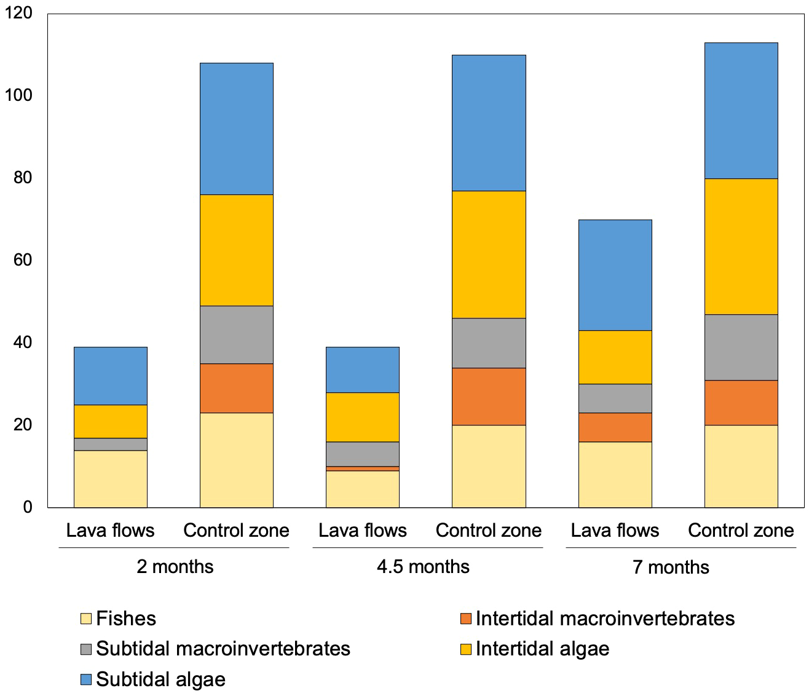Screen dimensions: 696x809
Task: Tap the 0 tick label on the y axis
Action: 27,507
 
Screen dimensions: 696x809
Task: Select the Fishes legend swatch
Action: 86,619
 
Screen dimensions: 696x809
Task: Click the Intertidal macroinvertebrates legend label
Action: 605,618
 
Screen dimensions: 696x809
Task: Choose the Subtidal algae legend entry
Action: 160,679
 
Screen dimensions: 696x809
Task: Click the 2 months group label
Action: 175,566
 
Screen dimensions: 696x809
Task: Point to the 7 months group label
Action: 671,566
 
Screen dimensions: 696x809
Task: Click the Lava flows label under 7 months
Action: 615,530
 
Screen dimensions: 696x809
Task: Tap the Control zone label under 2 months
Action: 236,530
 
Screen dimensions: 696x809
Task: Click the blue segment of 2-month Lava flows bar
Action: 111,376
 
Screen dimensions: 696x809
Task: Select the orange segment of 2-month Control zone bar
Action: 237,388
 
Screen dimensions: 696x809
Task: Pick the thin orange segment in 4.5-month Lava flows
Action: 363,469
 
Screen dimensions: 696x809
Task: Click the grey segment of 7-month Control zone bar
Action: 741,347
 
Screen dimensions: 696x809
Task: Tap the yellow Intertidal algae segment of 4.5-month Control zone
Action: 489,255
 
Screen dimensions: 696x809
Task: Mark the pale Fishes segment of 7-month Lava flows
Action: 615,474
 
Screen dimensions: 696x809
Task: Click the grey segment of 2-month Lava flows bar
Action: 111,444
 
